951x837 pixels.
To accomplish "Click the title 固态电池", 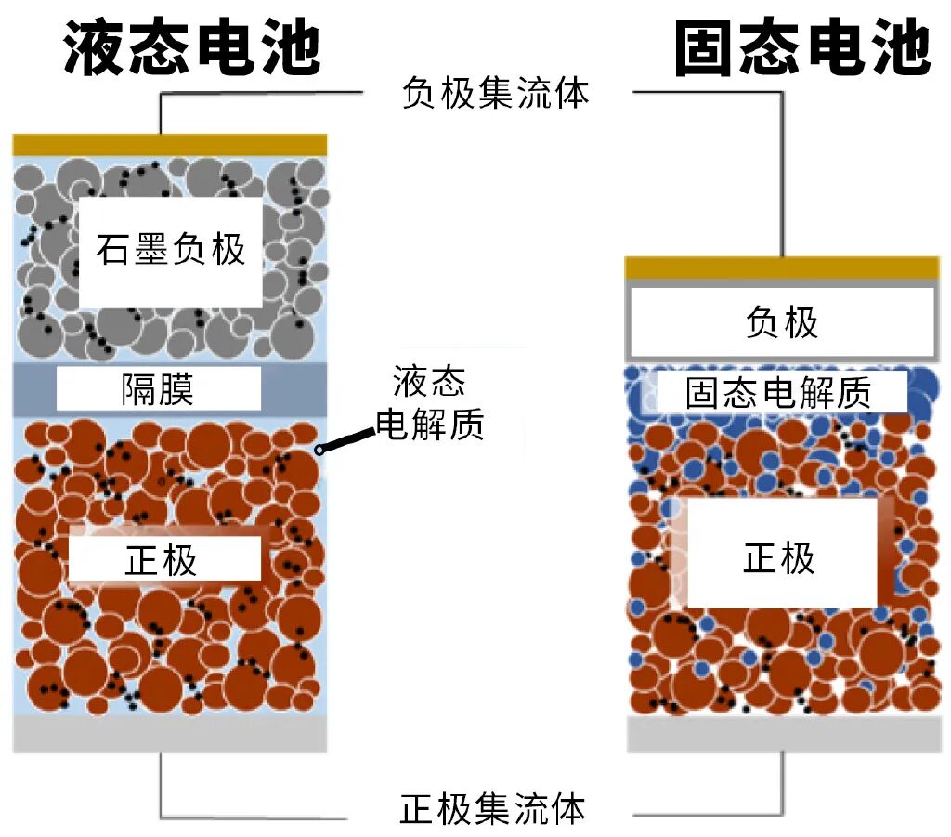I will [x=802, y=47].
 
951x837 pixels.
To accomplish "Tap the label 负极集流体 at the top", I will [x=495, y=93].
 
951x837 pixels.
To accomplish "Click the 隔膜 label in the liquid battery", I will [x=157, y=389].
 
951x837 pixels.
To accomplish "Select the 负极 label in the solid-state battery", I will [x=782, y=322].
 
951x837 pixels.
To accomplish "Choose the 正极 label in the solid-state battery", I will [x=779, y=557].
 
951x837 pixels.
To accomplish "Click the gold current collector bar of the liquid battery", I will [x=170, y=145].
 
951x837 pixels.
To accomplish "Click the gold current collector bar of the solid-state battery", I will [x=781, y=268].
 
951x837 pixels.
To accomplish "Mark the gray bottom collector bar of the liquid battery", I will [x=170, y=733].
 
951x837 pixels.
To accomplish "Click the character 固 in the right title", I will [x=705, y=47].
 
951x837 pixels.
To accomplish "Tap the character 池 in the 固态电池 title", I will [x=900, y=47].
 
